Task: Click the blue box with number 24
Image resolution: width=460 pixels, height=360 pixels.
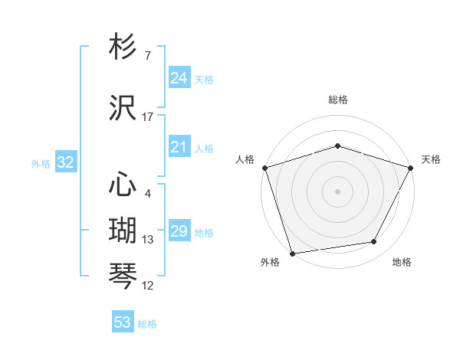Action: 179,78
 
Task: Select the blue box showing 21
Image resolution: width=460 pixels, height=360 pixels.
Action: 179,148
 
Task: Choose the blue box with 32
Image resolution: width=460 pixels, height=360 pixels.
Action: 65,162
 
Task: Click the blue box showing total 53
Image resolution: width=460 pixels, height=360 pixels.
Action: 123,322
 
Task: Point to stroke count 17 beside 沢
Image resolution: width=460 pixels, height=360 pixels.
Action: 148,117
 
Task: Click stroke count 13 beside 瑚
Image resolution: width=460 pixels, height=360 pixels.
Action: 148,240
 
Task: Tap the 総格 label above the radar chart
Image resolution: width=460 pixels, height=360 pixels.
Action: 338,100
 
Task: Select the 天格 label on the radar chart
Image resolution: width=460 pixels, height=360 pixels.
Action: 431,160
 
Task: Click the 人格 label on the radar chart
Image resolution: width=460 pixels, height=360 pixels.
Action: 245,160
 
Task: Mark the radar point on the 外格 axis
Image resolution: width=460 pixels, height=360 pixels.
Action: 292,253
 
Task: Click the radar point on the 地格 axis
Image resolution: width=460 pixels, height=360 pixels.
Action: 374,242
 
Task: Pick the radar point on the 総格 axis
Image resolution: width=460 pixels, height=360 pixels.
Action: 338,145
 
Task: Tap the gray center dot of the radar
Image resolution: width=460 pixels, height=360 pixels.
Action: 338,191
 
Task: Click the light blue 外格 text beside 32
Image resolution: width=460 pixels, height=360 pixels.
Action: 41,163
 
